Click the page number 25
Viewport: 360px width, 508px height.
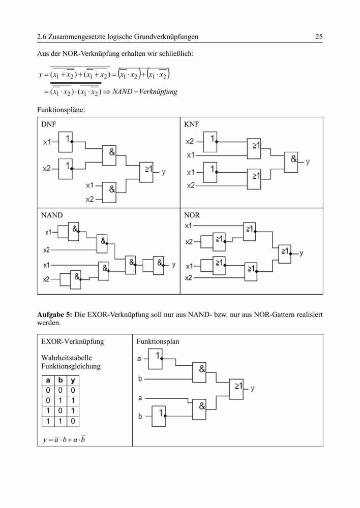(x=319, y=37)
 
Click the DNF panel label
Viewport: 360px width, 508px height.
(x=49, y=124)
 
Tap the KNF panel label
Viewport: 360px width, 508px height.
(x=191, y=124)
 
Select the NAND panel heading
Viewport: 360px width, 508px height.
(x=52, y=215)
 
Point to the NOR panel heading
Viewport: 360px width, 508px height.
(x=192, y=215)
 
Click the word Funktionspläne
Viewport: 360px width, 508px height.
(x=61, y=110)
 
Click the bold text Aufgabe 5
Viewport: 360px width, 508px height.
(x=54, y=314)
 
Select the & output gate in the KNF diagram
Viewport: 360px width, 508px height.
(x=291, y=162)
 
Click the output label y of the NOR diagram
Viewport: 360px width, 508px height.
(x=302, y=252)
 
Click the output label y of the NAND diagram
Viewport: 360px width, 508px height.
(x=174, y=264)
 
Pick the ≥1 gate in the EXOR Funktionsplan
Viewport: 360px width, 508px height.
(x=236, y=389)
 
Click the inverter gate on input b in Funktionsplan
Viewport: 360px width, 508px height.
(x=159, y=416)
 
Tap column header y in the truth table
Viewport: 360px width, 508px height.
(x=73, y=380)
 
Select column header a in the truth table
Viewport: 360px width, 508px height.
(x=48, y=380)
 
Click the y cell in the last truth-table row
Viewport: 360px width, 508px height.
(x=73, y=421)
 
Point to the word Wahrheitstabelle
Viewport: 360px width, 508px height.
(x=67, y=358)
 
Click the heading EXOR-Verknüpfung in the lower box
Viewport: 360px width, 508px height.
(x=73, y=341)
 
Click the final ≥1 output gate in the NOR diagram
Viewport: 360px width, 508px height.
(x=285, y=253)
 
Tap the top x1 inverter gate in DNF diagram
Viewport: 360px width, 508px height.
(x=65, y=142)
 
